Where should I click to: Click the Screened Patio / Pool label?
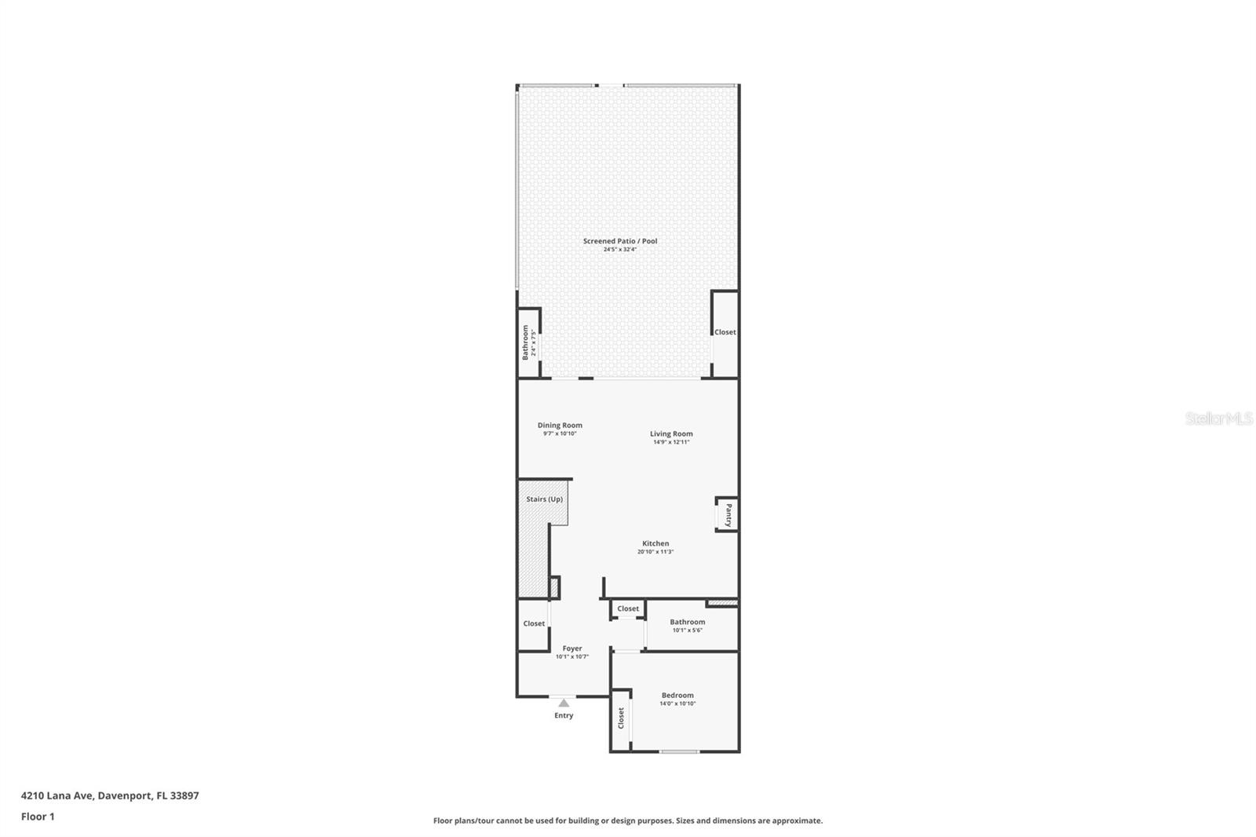point(619,241)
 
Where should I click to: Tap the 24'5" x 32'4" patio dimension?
point(619,250)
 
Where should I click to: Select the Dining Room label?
point(560,425)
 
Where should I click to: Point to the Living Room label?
point(671,433)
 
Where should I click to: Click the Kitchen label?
point(655,543)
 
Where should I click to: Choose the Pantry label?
point(728,515)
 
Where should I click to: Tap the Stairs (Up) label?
point(544,499)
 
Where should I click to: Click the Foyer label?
point(571,649)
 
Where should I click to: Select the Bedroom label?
point(677,695)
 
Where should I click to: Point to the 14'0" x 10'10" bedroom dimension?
point(677,704)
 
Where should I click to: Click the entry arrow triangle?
point(564,704)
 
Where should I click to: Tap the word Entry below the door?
point(564,715)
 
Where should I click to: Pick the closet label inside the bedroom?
point(621,718)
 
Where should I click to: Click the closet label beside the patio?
point(725,332)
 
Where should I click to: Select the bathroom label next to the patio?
point(525,343)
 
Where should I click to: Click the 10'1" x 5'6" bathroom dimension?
point(687,630)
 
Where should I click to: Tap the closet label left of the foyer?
point(534,623)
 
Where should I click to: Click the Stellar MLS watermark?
point(1218,419)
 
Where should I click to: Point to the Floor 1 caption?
point(38,817)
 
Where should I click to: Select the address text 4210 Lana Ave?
point(58,795)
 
